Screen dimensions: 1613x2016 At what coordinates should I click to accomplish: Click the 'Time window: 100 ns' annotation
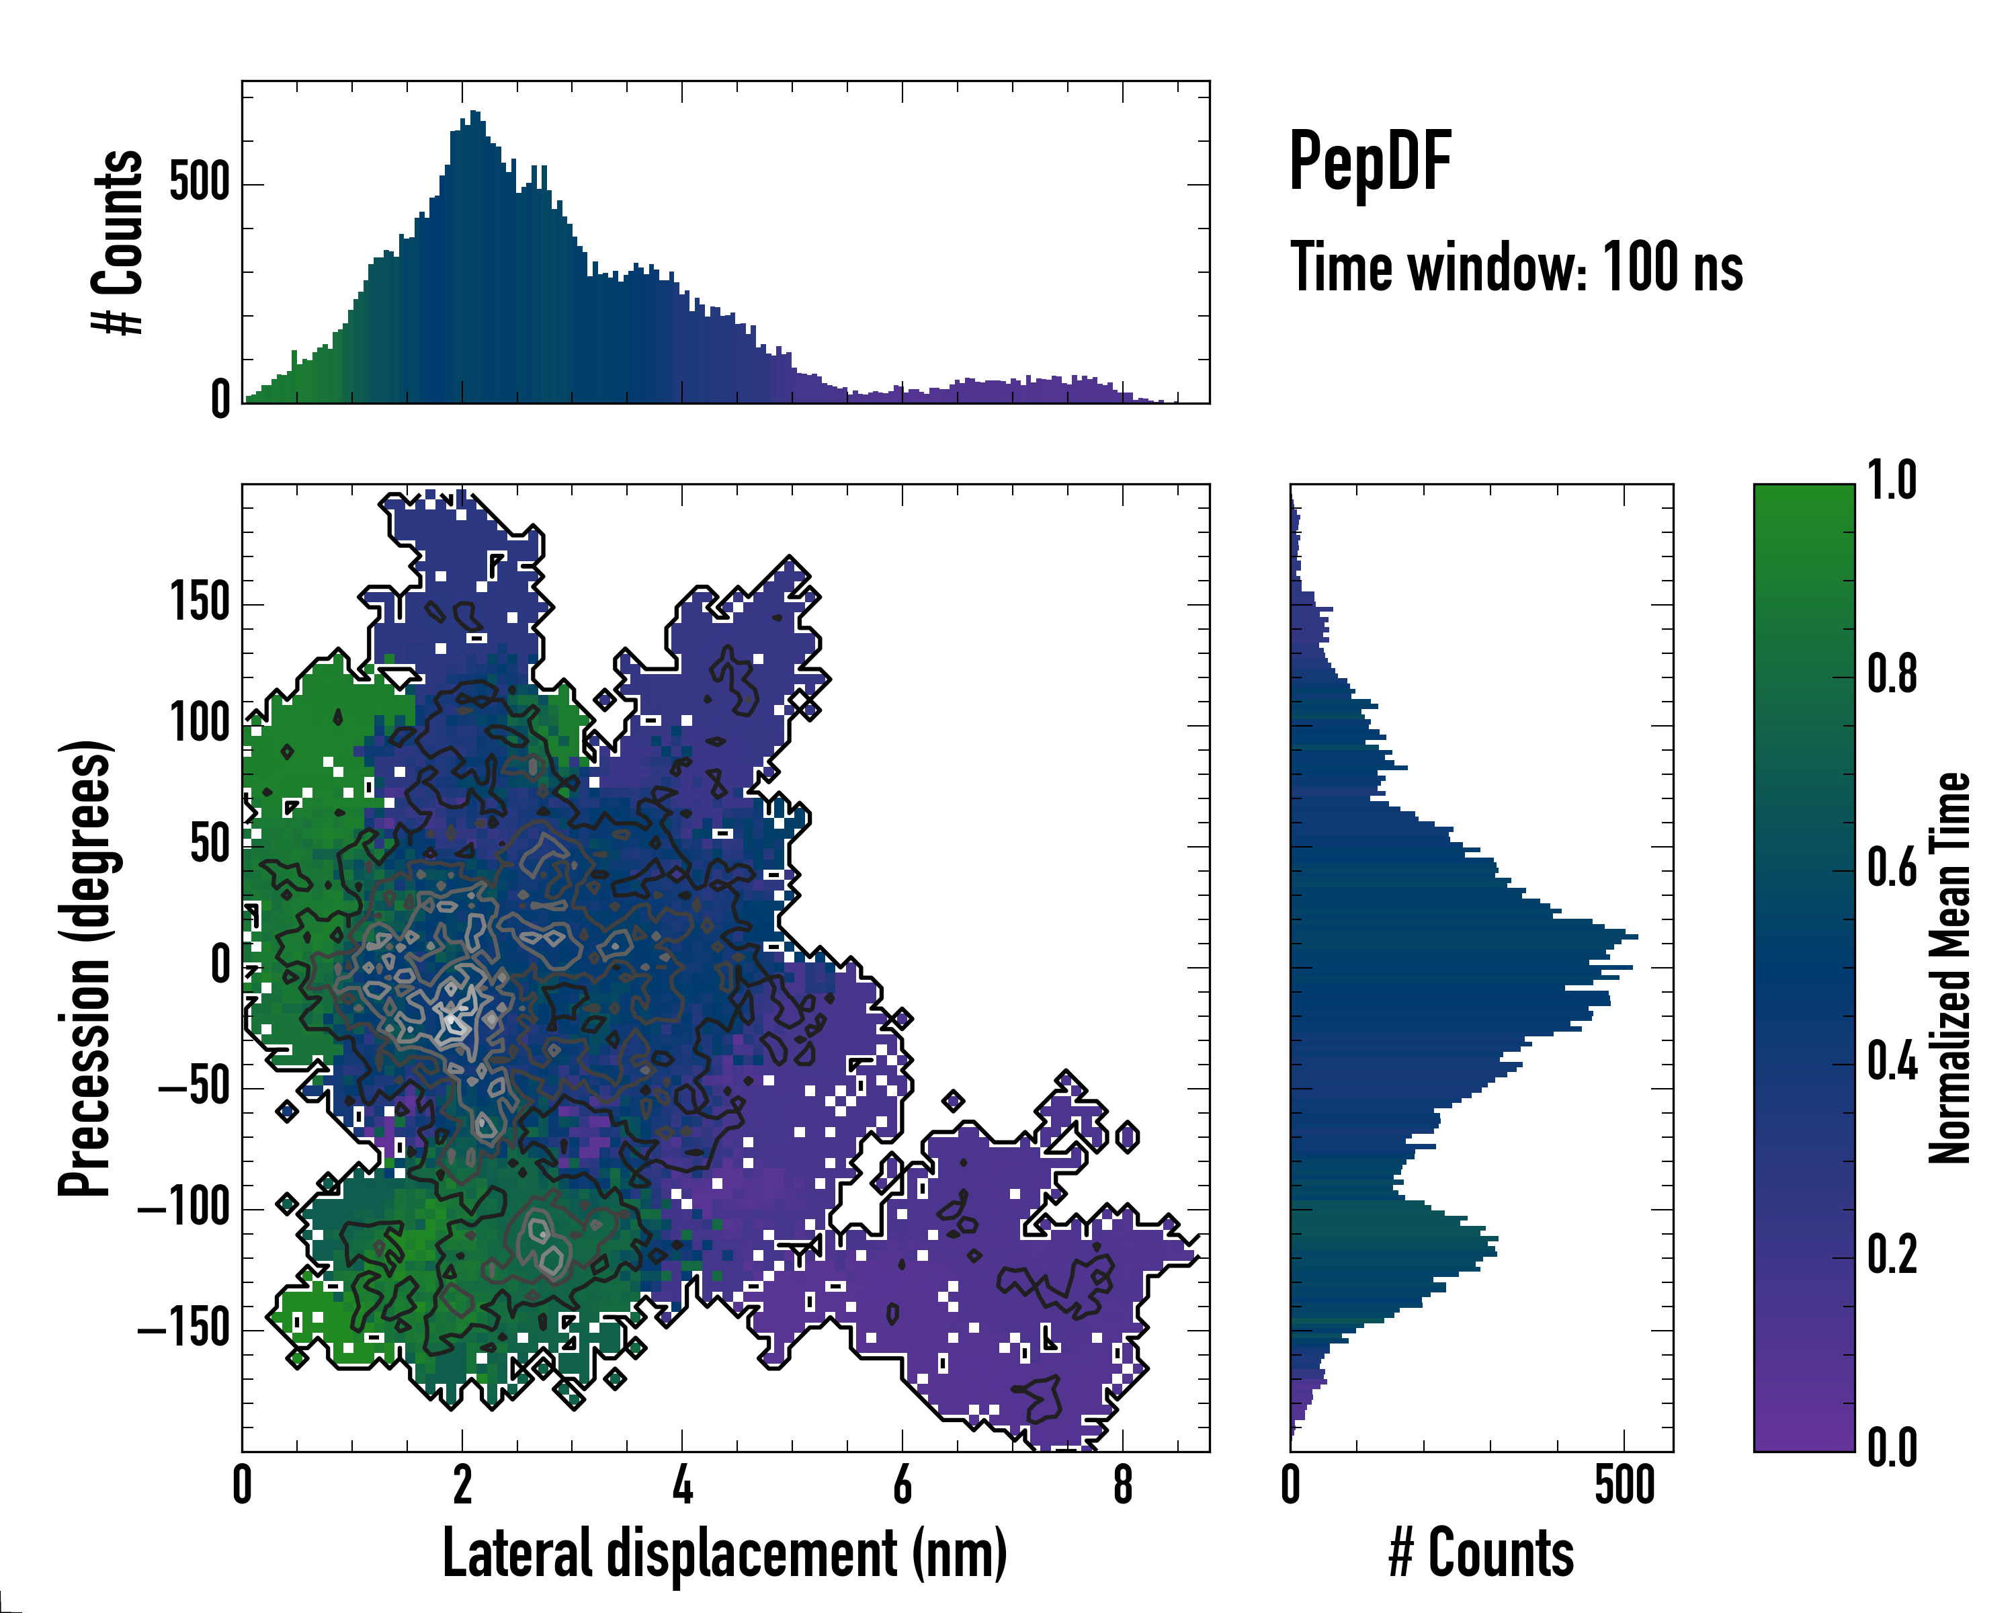click(1516, 268)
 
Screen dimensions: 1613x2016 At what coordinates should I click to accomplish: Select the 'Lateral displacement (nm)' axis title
click(724, 1553)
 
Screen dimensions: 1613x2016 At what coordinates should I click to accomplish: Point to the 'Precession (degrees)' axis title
click(86, 968)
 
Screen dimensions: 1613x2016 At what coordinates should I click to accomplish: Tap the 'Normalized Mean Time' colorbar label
click(1949, 968)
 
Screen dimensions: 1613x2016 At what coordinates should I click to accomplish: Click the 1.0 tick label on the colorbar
click(1892, 482)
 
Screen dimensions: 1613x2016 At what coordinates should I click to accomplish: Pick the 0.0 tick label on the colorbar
click(1892, 1448)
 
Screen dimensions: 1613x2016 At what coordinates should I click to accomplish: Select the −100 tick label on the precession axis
click(184, 1208)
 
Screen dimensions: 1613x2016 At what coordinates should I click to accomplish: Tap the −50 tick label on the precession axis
click(194, 1087)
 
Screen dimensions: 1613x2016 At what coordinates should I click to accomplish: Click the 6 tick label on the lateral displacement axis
click(902, 1486)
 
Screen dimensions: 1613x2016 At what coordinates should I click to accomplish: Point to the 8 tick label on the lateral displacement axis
click(1123, 1486)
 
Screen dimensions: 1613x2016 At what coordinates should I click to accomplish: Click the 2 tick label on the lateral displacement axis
click(462, 1486)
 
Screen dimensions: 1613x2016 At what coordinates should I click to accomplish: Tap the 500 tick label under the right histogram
click(1624, 1486)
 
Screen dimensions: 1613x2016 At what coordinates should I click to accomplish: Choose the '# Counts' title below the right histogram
click(1481, 1553)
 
